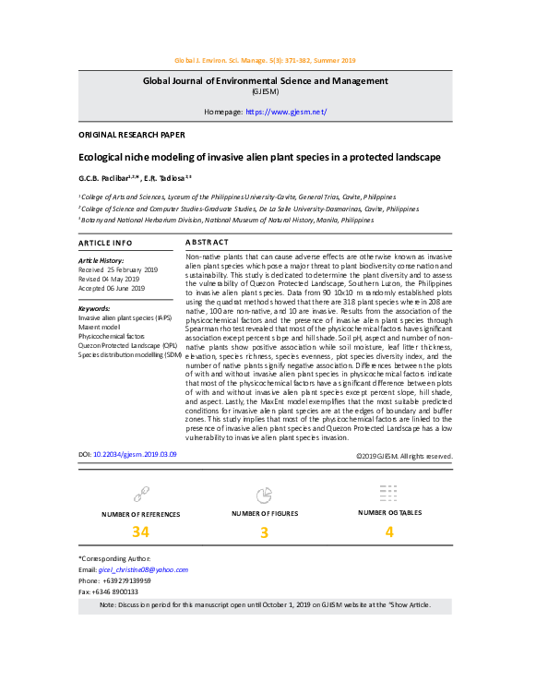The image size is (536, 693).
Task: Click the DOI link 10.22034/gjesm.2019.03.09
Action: pos(136,455)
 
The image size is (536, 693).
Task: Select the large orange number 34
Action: pos(140,532)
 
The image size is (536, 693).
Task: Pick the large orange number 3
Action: pos(264,532)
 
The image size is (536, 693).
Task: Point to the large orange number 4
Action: pos(388,532)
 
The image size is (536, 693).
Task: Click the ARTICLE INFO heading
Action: pos(105,243)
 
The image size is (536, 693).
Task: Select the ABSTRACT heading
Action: pos(208,243)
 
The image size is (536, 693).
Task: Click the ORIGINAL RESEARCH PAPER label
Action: pos(125,135)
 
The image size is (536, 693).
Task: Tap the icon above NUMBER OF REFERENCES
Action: pos(140,494)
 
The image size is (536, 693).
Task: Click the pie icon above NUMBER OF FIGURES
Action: pos(264,494)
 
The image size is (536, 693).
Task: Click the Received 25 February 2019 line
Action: pos(118,269)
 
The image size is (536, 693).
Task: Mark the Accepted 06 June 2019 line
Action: pos(112,288)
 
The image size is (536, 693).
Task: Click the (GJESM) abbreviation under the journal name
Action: pos(268,91)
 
